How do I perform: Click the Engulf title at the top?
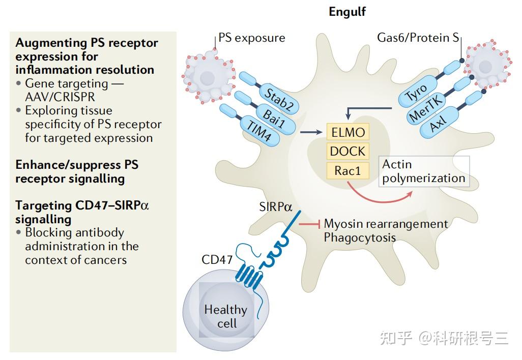tap(347, 12)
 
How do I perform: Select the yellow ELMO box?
tap(348, 132)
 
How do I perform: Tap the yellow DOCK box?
tap(348, 152)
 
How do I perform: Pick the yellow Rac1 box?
tap(348, 171)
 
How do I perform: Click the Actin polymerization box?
tap(424, 171)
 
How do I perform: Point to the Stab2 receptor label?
tap(279, 99)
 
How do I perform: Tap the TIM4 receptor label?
tap(258, 130)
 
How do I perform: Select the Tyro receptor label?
tap(416, 93)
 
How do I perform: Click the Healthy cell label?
tap(226, 316)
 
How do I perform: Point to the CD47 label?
tap(217, 259)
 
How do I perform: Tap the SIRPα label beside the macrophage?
tap(276, 207)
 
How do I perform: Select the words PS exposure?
tap(252, 38)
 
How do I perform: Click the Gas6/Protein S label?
tap(418, 38)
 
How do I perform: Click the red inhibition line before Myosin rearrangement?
tap(309, 224)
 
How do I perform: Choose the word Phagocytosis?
tap(360, 237)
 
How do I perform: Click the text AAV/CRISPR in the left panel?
tap(60, 97)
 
